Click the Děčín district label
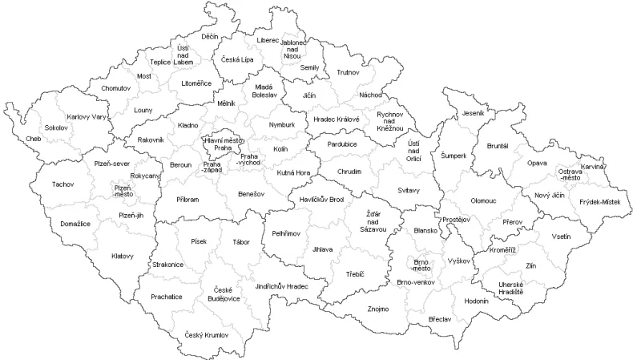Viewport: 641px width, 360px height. pos(210,36)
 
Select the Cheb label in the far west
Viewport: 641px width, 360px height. pos(34,138)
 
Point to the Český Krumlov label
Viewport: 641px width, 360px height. pos(206,334)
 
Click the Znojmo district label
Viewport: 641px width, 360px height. pos(377,309)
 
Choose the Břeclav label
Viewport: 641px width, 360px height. pos(440,319)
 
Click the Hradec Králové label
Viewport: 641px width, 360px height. pos(337,119)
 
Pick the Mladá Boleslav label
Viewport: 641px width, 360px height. pos(264,91)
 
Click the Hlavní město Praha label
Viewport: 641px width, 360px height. pos(223,144)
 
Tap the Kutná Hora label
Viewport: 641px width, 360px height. pos(294,172)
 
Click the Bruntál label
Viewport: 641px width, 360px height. pos(498,146)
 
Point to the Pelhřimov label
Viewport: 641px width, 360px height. pos(286,233)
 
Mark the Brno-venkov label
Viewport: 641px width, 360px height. pos(416,282)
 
